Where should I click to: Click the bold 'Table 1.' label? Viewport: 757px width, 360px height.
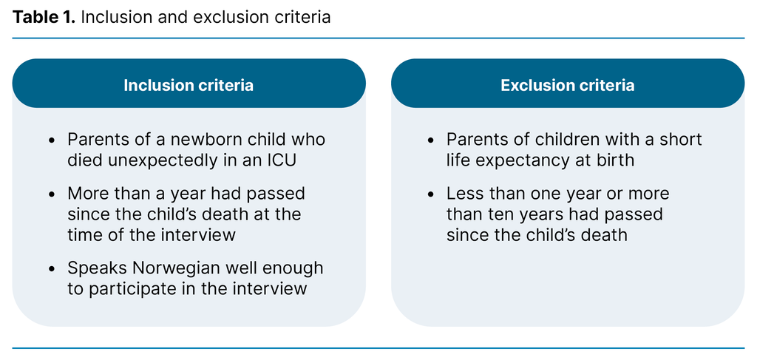tap(43, 17)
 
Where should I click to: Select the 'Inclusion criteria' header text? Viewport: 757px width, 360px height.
tap(189, 85)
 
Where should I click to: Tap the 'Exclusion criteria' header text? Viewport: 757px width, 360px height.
tap(567, 85)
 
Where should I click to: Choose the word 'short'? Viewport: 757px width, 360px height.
tap(679, 140)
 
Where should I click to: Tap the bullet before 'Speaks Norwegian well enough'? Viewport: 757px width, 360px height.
tap(52, 268)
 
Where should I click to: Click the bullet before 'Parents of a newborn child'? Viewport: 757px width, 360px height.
tap(52, 140)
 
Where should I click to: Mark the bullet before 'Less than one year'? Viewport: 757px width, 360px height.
tap(431, 194)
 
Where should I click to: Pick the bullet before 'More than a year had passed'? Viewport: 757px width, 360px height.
tap(52, 194)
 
